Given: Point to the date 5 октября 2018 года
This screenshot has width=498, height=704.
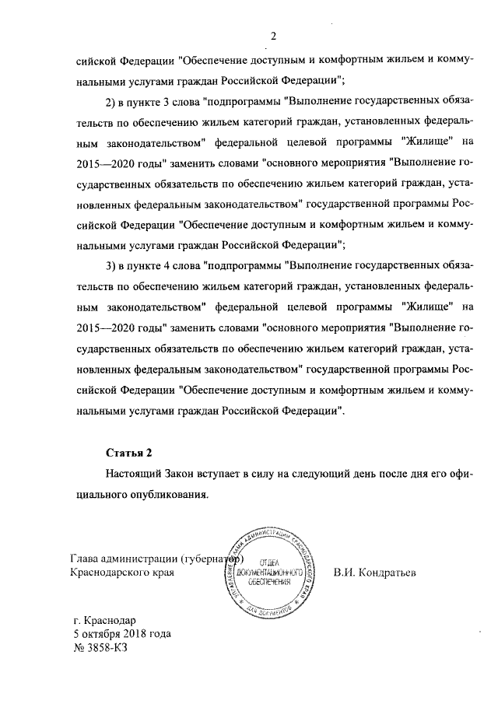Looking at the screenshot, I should [x=117, y=634].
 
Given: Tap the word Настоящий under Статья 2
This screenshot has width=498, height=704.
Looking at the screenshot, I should [x=133, y=472].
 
